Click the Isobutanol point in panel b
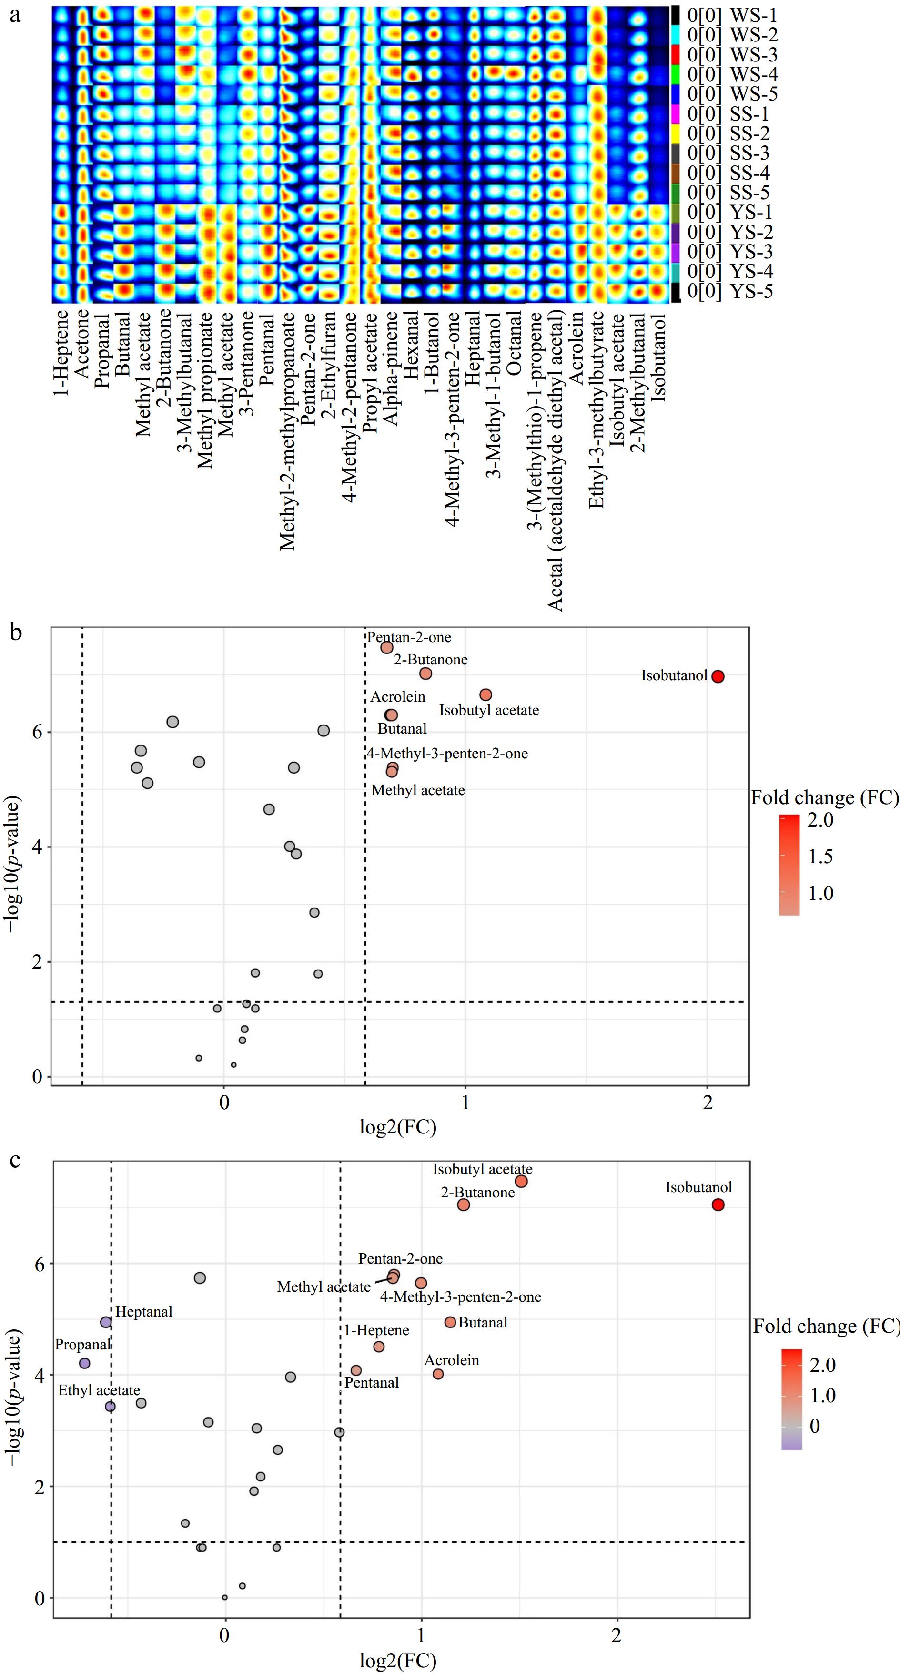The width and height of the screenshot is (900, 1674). (x=718, y=676)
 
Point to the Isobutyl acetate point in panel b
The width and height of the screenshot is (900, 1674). (x=485, y=694)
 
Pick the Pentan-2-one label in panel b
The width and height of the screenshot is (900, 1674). (x=409, y=637)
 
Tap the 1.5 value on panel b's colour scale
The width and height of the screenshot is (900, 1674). (x=820, y=856)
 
